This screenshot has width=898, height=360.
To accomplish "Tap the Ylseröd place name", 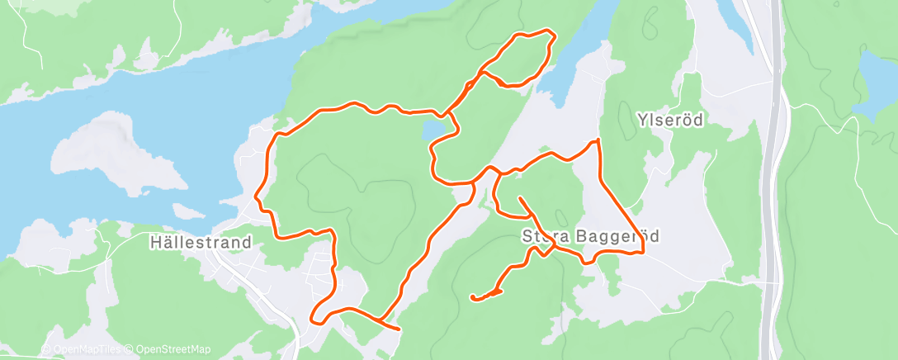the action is click(669, 121).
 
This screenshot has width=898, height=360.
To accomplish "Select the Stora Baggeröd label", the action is click(591, 237).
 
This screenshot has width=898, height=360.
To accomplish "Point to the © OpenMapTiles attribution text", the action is click(80, 349).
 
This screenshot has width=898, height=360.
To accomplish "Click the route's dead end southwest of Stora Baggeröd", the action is click(472, 296).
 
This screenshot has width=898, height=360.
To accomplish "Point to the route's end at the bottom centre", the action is click(399, 329).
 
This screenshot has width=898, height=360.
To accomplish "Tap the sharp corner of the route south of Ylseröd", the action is click(597, 141).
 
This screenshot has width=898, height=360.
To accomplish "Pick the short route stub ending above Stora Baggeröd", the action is click(520, 198).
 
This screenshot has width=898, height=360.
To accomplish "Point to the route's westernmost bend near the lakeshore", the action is click(257, 198).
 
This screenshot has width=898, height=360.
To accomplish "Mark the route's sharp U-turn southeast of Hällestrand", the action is click(313, 315).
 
